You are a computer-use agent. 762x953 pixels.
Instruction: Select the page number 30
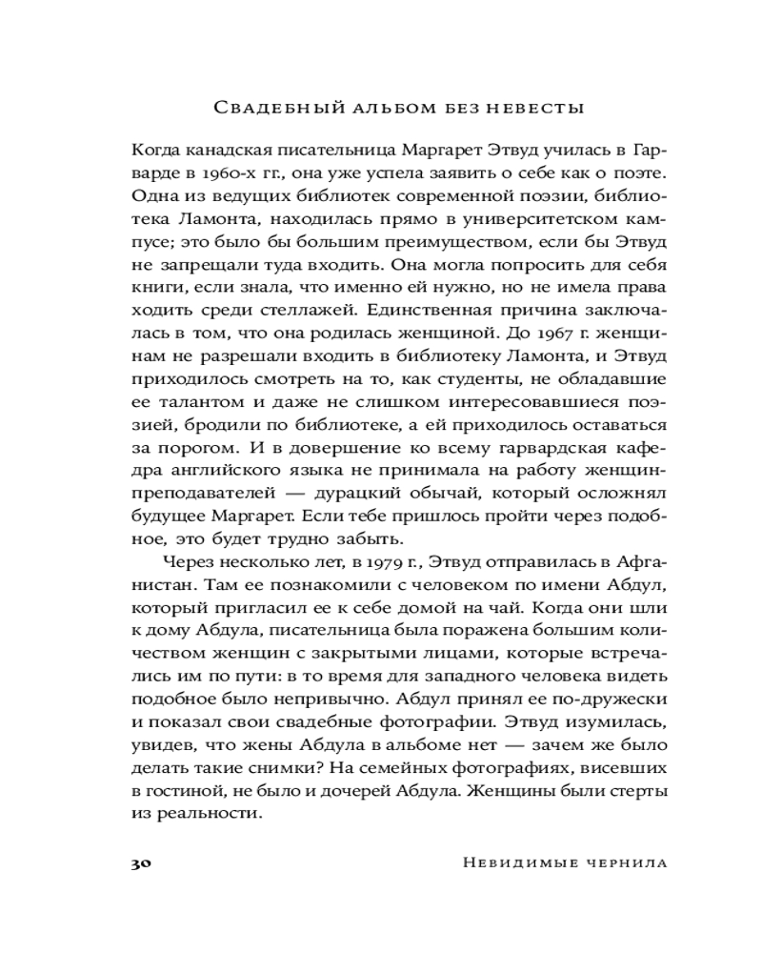pos(138,863)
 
